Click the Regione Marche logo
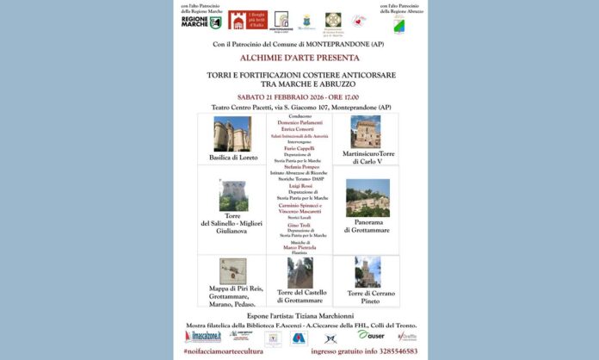pos(201,22)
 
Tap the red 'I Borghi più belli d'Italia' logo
pos(247,20)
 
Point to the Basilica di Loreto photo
pos(232,134)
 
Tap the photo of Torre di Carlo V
pos(366,132)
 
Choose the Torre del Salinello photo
pos(232,196)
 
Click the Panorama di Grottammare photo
pos(367,197)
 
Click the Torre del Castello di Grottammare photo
pos(299,272)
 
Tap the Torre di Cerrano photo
pos(367,272)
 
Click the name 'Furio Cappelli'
pos(299,148)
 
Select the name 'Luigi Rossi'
pos(299,185)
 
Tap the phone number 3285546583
pos(395,351)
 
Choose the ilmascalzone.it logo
pos(207,336)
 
